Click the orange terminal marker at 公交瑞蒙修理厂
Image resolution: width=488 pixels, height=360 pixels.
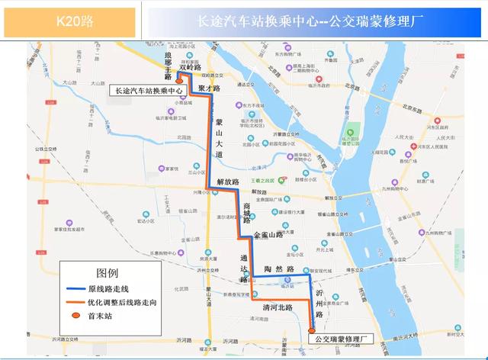click(311, 329)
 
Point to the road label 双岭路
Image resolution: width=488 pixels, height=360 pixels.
click(189, 68)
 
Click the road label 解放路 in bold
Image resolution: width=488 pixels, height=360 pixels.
click(228, 182)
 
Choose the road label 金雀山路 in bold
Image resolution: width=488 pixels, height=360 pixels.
click(268, 236)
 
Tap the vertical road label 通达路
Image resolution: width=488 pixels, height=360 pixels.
click(243, 268)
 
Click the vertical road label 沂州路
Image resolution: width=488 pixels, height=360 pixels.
click(319, 304)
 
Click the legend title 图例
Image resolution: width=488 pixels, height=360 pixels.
click(107, 272)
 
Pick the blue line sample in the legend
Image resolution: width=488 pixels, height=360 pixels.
click(74, 288)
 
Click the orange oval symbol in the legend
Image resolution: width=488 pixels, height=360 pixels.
click(74, 315)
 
